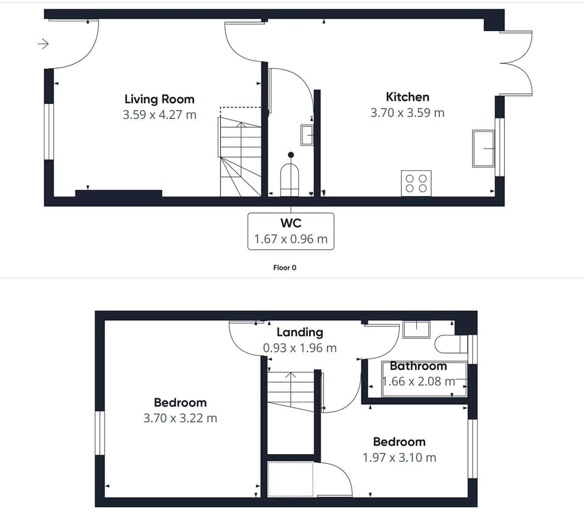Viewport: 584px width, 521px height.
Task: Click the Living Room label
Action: point(159,99)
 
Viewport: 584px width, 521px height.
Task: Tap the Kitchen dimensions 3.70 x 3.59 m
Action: point(407,113)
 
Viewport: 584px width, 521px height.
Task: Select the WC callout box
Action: point(291,231)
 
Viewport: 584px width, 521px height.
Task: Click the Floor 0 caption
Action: point(285,267)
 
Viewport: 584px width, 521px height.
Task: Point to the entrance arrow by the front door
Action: point(43,44)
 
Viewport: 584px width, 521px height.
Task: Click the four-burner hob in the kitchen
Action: point(416,183)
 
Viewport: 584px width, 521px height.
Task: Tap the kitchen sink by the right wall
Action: point(484,148)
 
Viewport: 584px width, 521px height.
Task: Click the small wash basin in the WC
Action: point(307,135)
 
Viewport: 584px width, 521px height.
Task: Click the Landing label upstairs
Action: point(299,332)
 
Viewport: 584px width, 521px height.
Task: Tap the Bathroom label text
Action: point(418,366)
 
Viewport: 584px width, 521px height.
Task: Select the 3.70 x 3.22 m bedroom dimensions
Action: point(180,418)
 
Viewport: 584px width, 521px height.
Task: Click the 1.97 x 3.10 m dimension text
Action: point(399,457)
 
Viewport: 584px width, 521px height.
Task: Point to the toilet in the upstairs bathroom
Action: point(450,344)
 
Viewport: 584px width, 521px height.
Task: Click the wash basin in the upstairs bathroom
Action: point(416,329)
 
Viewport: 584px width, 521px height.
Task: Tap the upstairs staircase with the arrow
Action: point(291,391)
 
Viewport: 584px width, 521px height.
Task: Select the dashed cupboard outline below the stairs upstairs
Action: point(291,478)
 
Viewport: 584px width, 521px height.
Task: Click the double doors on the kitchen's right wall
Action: point(516,63)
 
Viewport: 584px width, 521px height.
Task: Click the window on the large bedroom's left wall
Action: point(100,433)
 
